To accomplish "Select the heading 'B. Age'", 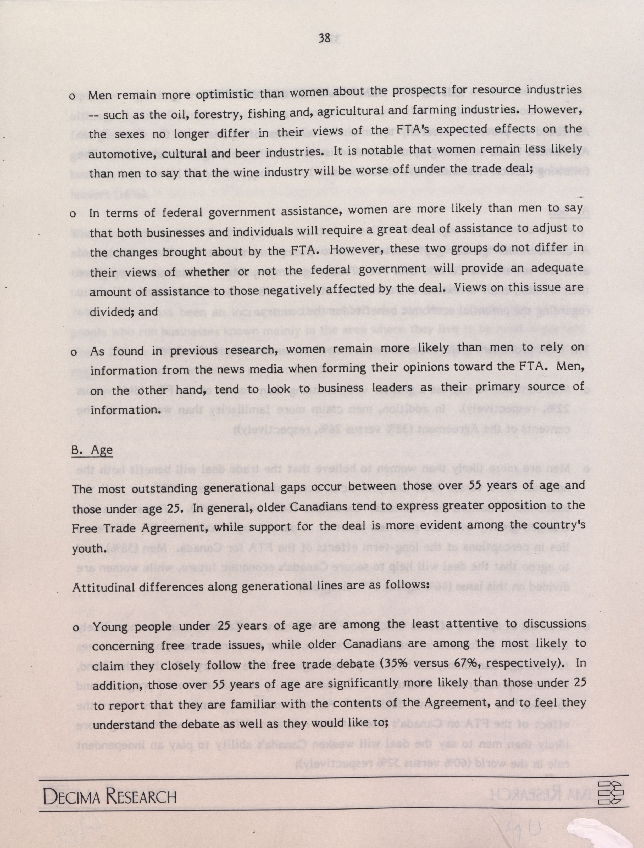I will [x=92, y=450].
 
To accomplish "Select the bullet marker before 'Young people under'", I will [x=76, y=628].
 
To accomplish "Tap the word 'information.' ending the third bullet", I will [x=125, y=410].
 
